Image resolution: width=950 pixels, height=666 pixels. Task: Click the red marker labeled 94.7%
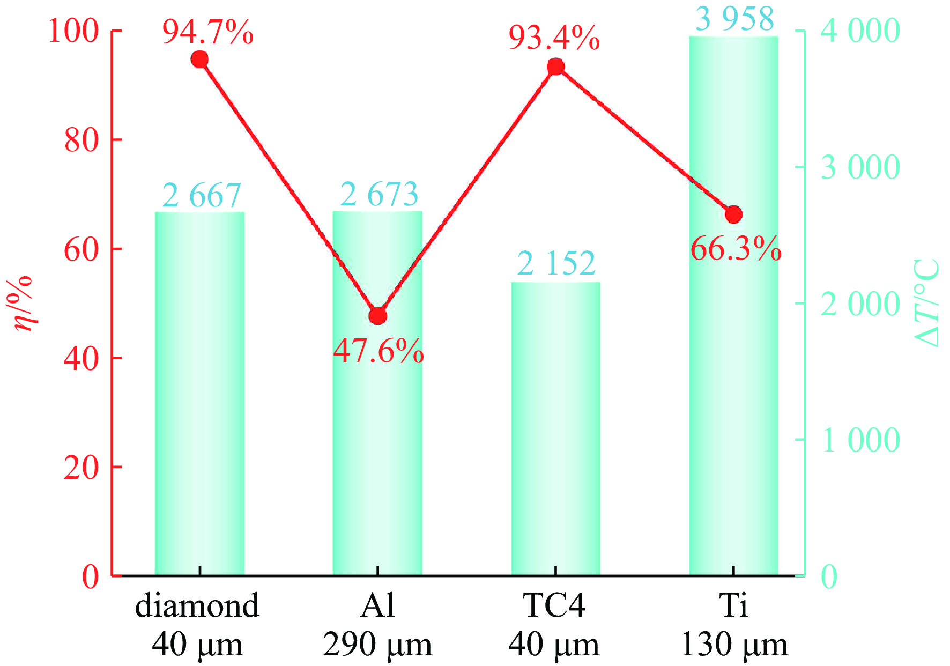200,60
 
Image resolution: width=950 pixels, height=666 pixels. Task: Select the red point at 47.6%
378,316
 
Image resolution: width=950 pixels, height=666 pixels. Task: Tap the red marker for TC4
556,67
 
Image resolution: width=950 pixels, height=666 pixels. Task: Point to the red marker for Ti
734,214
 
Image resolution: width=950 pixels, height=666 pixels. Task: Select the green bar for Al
378,429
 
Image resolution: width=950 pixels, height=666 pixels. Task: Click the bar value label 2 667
202,195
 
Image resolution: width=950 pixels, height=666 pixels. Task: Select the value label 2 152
556,263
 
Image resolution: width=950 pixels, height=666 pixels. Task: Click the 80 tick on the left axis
81,140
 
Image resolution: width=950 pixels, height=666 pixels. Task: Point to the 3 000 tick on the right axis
860,167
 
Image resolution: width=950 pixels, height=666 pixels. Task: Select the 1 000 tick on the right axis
860,440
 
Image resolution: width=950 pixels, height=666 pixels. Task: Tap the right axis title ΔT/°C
926,303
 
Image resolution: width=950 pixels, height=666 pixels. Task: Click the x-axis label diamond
197,606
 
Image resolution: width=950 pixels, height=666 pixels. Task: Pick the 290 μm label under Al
377,645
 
